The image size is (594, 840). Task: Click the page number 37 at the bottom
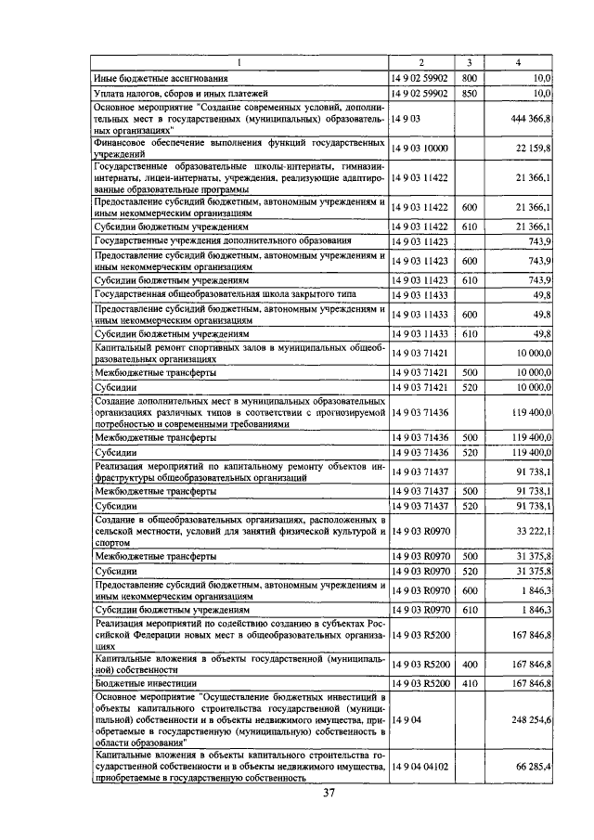(329, 793)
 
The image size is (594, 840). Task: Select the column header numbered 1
(239, 63)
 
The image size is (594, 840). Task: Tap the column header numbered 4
(518, 63)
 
